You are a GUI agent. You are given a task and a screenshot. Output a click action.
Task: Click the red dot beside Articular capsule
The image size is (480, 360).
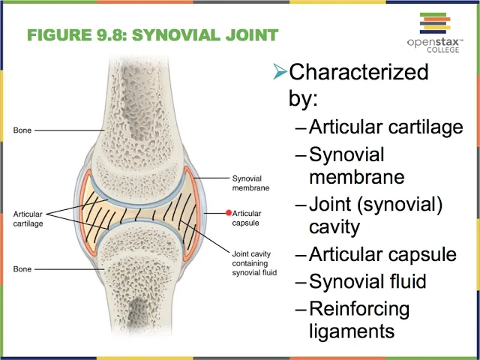tap(229, 213)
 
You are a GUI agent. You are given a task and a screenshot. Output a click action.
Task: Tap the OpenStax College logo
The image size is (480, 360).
tap(435, 33)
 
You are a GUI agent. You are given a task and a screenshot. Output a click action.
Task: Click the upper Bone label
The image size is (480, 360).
tap(22, 130)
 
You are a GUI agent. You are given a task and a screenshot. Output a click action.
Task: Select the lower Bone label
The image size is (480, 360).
tap(22, 269)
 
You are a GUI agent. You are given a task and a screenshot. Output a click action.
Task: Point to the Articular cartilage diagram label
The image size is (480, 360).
tap(28, 218)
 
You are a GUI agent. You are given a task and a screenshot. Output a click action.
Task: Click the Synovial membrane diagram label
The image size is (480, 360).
tap(250, 183)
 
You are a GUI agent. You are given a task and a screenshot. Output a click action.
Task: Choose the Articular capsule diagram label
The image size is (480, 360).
tap(247, 218)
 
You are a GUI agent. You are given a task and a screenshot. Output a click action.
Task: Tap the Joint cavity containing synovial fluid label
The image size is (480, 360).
tap(254, 263)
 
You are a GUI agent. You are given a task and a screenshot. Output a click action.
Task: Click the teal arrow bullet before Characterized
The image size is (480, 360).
tap(280, 71)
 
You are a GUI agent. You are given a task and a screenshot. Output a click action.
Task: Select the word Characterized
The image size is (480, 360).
tap(358, 72)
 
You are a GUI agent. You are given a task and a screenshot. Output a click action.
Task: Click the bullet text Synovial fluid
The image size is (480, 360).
tap(367, 281)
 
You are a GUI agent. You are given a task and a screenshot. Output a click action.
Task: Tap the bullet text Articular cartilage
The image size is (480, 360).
tap(386, 127)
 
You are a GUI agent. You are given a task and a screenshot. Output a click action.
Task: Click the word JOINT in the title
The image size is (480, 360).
tap(252, 35)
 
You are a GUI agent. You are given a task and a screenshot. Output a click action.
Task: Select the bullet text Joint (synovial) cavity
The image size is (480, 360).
tap(376, 216)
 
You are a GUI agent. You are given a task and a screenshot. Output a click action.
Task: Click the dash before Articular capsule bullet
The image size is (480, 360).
tap(301, 255)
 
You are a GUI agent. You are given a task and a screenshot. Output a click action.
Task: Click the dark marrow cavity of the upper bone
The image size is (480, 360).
tap(135, 101)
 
